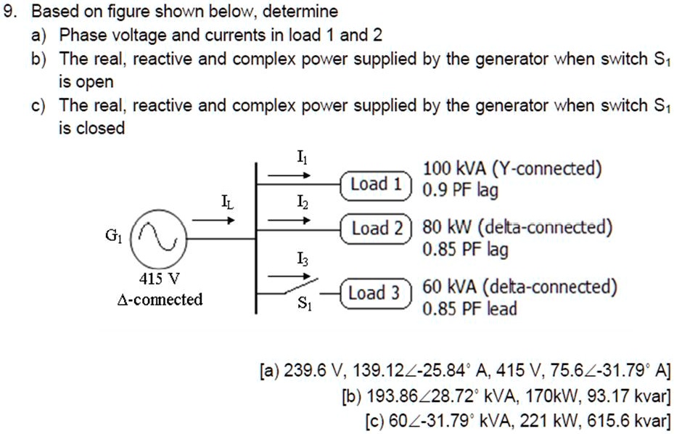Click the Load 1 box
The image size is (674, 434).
click(x=375, y=185)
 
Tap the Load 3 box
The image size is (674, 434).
click(x=374, y=294)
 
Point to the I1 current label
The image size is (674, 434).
click(x=301, y=155)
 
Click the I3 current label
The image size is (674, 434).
click(x=301, y=258)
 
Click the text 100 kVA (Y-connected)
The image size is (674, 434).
click(x=512, y=169)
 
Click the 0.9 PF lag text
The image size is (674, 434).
click(x=460, y=191)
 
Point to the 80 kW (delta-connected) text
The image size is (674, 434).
click(x=517, y=228)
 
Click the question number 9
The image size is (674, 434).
click(x=9, y=12)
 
